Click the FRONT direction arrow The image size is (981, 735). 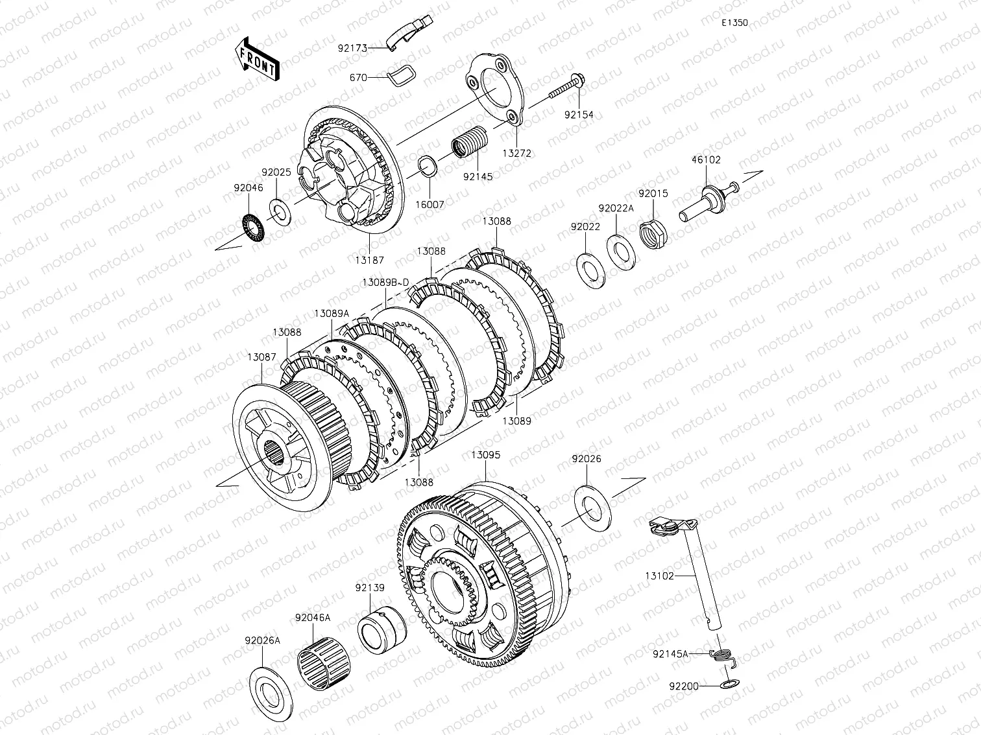point(257,60)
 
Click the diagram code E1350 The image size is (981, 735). point(734,23)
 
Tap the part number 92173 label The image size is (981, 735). point(352,48)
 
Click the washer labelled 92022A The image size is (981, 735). point(621,252)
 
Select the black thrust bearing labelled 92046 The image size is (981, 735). point(254,227)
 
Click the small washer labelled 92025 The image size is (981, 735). point(280,212)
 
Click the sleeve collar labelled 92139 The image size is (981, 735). point(382,630)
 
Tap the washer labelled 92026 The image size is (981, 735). point(592,508)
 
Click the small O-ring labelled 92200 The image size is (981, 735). point(730,683)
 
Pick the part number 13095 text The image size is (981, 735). point(485,455)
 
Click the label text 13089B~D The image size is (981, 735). point(385,283)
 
